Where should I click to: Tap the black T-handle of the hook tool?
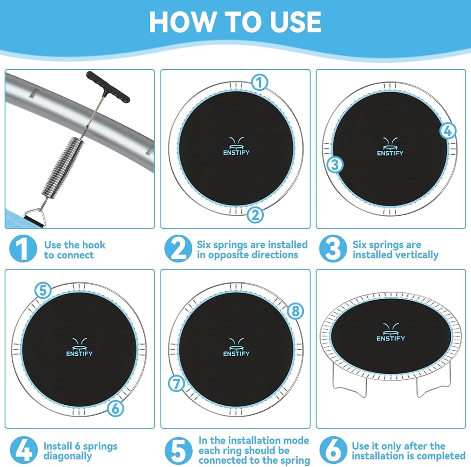click(x=108, y=87)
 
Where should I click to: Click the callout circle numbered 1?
click(x=259, y=82)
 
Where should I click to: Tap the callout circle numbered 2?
click(x=255, y=215)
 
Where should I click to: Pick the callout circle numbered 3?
click(x=334, y=164)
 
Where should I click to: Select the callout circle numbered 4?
click(x=447, y=131)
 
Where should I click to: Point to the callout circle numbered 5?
click(x=43, y=290)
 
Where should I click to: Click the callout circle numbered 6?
click(x=115, y=409)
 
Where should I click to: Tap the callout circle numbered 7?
click(x=176, y=384)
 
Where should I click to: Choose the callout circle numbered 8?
click(x=295, y=311)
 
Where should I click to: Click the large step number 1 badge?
click(x=23, y=249)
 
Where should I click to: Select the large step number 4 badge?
click(x=24, y=450)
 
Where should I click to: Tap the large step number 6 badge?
click(x=333, y=450)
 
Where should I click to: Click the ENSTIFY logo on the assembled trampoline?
click(x=390, y=332)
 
